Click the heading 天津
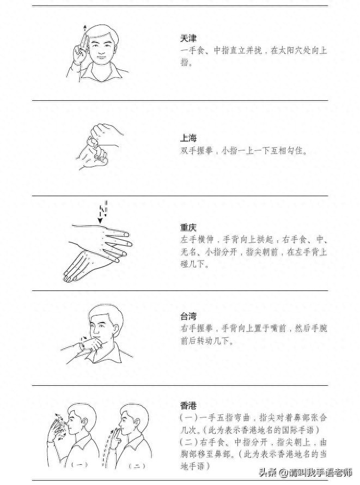(188, 39)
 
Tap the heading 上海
(188, 138)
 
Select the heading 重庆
(188, 228)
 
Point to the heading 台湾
(188, 316)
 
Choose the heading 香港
(188, 405)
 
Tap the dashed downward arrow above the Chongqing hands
(101, 213)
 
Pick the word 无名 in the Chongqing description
(188, 252)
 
